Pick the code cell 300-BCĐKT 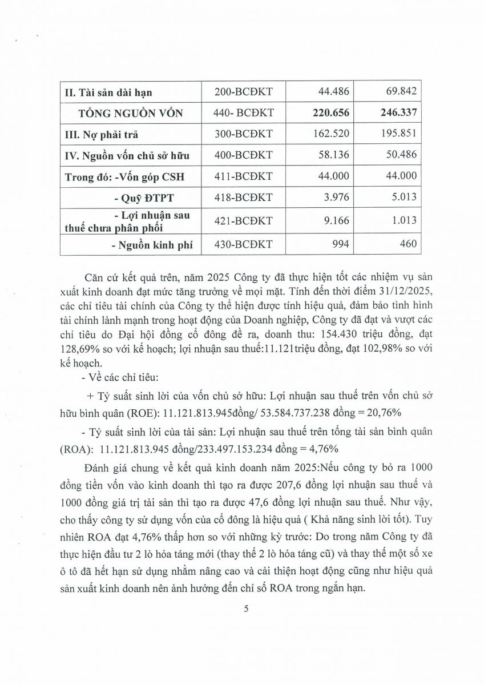[x=244, y=134]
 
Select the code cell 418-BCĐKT [x=244, y=198]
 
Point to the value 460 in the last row [x=408, y=244]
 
